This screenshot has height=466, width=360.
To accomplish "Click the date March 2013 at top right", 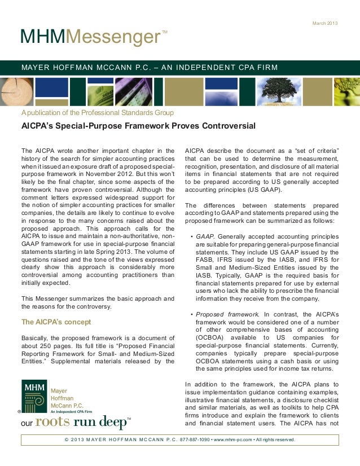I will point(325,23).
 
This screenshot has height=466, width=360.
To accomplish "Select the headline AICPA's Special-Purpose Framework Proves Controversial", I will point(138,125).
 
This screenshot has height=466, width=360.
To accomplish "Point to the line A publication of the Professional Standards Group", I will point(93,112).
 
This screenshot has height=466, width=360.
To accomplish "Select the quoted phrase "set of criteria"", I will point(317,151).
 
